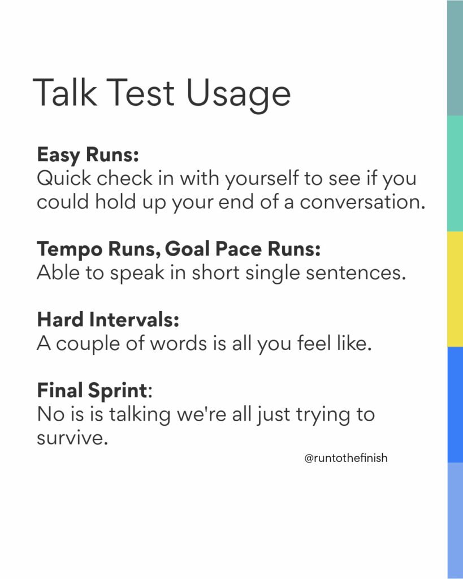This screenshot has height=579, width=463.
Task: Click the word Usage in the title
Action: (238, 94)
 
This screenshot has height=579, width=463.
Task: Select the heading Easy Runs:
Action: (88, 155)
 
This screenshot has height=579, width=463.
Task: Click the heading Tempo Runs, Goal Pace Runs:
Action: (179, 249)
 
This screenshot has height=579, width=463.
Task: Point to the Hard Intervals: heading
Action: (108, 319)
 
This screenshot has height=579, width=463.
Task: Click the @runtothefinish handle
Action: (346, 458)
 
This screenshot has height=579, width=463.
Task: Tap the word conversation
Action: (362, 202)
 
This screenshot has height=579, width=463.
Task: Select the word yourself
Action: (262, 179)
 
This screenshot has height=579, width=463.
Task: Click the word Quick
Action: (64, 178)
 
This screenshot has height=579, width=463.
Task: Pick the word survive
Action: (72, 438)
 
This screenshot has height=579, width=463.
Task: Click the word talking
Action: (139, 415)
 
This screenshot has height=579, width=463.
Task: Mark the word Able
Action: (58, 273)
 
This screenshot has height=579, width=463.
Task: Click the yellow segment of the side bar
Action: (455, 289)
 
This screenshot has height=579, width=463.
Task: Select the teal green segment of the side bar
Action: (455, 174)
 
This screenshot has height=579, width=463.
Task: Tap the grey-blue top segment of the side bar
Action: (455, 58)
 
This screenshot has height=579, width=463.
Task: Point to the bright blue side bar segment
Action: (455, 405)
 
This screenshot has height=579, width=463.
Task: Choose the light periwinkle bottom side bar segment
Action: (455, 521)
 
